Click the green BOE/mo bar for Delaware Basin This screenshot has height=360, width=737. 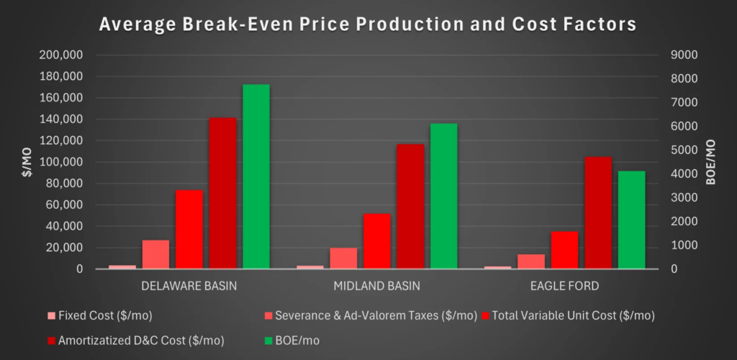[256, 176]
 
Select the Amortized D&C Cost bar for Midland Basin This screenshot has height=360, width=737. [410, 207]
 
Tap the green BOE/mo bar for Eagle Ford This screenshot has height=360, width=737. [631, 220]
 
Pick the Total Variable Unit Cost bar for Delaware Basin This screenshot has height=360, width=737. [189, 230]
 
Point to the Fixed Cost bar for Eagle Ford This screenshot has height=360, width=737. [498, 267]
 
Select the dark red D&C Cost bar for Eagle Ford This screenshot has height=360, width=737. [598, 213]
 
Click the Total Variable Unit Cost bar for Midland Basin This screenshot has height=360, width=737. [377, 241]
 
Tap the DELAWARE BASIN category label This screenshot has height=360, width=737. [189, 287]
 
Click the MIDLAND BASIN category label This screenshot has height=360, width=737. [377, 287]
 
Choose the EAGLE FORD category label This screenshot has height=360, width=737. [564, 287]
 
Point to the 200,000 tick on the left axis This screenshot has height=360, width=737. [62, 55]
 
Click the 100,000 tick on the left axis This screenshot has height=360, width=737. [62, 163]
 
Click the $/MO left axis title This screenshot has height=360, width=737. [28, 162]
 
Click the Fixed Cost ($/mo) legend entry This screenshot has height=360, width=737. [99, 316]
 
